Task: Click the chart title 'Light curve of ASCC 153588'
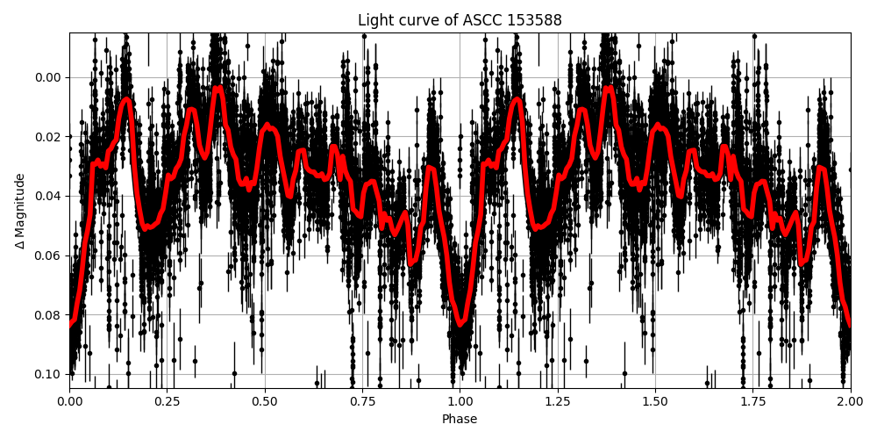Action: (460, 20)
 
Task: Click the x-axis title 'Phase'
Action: (460, 420)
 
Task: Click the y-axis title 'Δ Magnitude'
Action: (19, 211)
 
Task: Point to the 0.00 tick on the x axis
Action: (70, 401)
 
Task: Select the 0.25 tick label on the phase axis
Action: (168, 401)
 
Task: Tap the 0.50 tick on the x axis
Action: (265, 401)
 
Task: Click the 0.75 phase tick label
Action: (362, 401)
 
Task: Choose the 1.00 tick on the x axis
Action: (460, 401)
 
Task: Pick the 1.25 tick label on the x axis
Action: (558, 401)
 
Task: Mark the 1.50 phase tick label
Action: (655, 401)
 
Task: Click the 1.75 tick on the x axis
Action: (752, 401)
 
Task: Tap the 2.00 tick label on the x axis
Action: (850, 401)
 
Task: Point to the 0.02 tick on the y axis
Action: (49, 137)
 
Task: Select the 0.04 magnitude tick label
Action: (49, 196)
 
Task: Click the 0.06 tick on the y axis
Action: (49, 255)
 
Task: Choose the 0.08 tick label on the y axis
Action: (49, 315)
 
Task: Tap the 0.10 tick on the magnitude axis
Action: (49, 374)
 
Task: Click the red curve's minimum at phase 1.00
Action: (460, 323)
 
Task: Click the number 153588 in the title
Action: (534, 20)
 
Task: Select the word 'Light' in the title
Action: (375, 20)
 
